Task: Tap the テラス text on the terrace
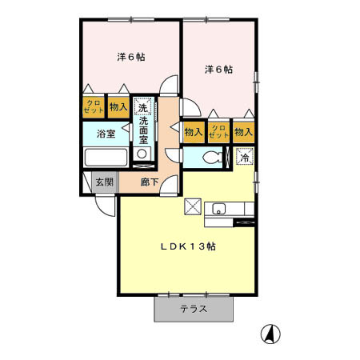pos(194,309)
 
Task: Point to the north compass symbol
pos(271,334)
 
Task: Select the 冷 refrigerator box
pos(245,158)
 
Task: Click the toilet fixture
pos(211,158)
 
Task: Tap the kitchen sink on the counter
pos(219,210)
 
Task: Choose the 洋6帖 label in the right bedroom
pos(218,70)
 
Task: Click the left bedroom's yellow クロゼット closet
pos(93,106)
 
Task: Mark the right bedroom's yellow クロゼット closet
pos(218,131)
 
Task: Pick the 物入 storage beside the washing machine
pos(118,106)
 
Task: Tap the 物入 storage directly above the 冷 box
pos(244,131)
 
